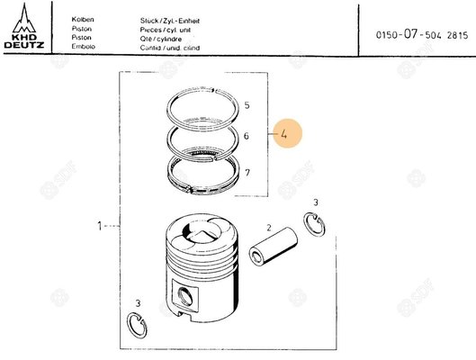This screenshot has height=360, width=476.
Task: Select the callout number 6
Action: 247,136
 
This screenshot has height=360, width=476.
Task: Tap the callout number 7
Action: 247,171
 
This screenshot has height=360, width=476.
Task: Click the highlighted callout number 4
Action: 283,134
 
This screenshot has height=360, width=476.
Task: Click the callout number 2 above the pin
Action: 268,229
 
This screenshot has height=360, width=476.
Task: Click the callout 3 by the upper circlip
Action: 315,203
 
